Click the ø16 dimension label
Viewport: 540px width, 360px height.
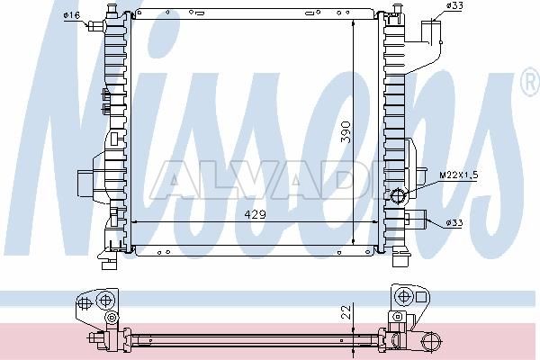[72, 15]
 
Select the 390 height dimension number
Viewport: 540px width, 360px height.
[346, 132]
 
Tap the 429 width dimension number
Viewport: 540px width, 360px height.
[256, 214]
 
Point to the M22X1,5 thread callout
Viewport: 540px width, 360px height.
[459, 175]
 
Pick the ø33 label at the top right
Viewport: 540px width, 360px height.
[454, 5]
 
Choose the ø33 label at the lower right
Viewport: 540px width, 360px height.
[454, 223]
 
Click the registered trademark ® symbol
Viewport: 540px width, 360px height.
[531, 82]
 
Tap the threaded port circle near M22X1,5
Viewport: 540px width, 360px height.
[399, 196]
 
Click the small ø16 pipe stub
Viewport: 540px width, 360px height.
[95, 26]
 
